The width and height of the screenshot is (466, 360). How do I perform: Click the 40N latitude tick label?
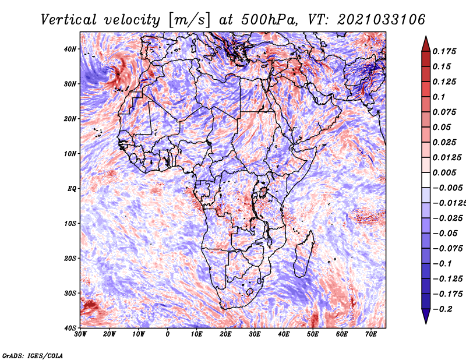(x=70, y=49)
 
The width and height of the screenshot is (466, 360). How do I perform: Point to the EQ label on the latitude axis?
(x=72, y=189)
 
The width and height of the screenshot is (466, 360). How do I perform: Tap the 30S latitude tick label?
(x=70, y=293)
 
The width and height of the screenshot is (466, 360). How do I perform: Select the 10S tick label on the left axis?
(x=70, y=223)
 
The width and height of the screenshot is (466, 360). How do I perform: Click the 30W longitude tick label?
(x=80, y=334)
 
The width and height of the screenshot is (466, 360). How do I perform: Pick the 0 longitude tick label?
(x=168, y=334)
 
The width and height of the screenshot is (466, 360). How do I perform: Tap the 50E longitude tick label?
(x=313, y=334)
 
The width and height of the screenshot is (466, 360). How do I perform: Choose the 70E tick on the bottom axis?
(x=371, y=334)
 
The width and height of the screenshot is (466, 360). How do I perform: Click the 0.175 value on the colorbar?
(x=444, y=51)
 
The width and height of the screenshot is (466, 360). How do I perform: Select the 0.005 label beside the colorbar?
(x=444, y=172)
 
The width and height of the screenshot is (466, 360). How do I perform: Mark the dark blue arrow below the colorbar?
(x=426, y=316)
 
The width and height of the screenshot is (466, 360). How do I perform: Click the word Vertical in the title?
(x=69, y=20)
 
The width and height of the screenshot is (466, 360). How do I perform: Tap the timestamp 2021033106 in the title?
(x=381, y=20)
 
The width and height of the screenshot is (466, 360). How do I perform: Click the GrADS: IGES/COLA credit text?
(x=33, y=355)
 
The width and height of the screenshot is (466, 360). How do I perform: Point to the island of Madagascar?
(x=304, y=254)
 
